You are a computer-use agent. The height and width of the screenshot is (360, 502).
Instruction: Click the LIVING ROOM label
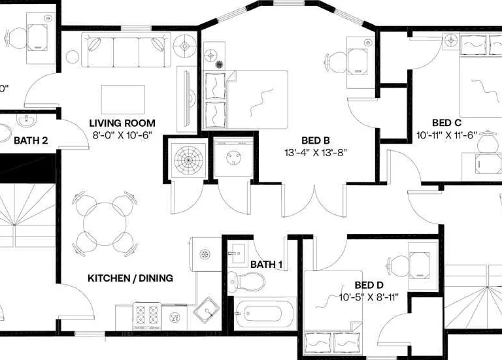(122, 123)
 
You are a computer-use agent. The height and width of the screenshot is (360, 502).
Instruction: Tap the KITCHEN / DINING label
(130, 278)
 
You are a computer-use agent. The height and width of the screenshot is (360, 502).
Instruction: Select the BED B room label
(316, 140)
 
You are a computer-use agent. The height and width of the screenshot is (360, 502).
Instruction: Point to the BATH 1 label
(267, 265)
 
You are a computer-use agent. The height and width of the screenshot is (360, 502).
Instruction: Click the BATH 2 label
(31, 140)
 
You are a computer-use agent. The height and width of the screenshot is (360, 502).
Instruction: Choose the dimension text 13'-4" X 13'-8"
(316, 153)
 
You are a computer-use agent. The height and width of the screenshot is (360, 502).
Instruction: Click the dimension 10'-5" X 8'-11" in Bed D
(369, 297)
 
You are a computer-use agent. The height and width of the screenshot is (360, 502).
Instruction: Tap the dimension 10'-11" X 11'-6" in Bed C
(446, 135)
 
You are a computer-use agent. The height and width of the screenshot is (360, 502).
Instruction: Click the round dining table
(105, 224)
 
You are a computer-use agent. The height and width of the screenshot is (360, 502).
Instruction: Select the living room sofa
(126, 50)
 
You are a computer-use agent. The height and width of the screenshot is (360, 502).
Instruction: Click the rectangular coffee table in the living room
(123, 99)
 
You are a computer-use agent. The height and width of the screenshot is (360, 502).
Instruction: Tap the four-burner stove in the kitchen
(147, 316)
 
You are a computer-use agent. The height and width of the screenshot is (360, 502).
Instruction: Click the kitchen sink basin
(207, 310)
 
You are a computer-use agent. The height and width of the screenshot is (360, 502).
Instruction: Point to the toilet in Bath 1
(246, 282)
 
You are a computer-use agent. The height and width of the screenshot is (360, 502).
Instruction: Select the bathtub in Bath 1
(263, 314)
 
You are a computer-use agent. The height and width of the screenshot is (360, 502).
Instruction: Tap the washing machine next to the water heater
(233, 157)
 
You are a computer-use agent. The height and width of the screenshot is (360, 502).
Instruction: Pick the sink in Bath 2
(26, 121)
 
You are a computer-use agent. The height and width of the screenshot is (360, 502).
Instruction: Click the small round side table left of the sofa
(73, 57)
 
